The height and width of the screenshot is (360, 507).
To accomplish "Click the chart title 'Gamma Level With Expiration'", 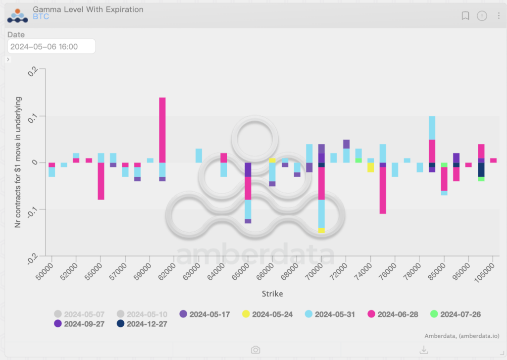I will (x=88, y=9).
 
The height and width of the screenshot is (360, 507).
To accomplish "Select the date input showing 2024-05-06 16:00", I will (x=51, y=47).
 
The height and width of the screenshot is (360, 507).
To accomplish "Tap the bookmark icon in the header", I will (x=465, y=16).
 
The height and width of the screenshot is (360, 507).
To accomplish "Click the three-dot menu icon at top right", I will (x=499, y=16).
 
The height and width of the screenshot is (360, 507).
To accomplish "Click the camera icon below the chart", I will (x=255, y=350).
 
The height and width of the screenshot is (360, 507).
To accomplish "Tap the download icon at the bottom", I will (x=424, y=350).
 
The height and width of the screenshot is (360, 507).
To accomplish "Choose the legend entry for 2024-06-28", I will (x=395, y=314).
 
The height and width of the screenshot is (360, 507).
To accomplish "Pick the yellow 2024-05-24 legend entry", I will (x=267, y=314).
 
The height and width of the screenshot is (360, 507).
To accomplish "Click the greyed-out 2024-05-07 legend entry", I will (x=79, y=314).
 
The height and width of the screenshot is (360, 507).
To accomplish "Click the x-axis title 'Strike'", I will (x=272, y=294).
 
